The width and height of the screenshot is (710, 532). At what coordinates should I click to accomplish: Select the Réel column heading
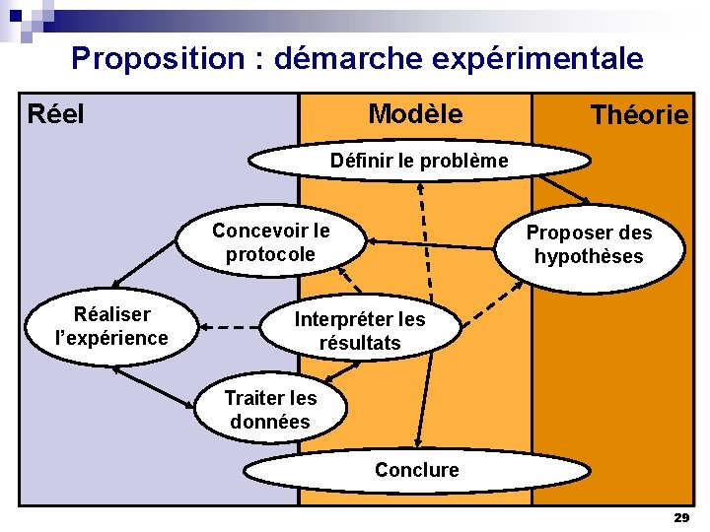coord(56,114)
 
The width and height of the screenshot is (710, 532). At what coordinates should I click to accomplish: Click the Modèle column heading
coord(415,114)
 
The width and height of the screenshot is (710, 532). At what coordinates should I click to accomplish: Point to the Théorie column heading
coord(639,116)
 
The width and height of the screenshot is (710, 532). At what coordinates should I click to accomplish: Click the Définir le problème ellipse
coord(419,161)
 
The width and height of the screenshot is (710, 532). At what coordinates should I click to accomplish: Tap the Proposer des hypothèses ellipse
coord(589,244)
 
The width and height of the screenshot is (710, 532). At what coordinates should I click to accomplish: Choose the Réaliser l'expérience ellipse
coord(111,326)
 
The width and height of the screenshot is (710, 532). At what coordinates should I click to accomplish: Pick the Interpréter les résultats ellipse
coord(360,331)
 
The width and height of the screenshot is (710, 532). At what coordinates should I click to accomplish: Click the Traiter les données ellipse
coord(270,411)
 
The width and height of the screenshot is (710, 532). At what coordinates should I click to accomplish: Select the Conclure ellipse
coord(416,470)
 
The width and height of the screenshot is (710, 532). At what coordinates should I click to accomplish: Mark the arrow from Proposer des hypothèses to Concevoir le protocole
coord(430,243)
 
